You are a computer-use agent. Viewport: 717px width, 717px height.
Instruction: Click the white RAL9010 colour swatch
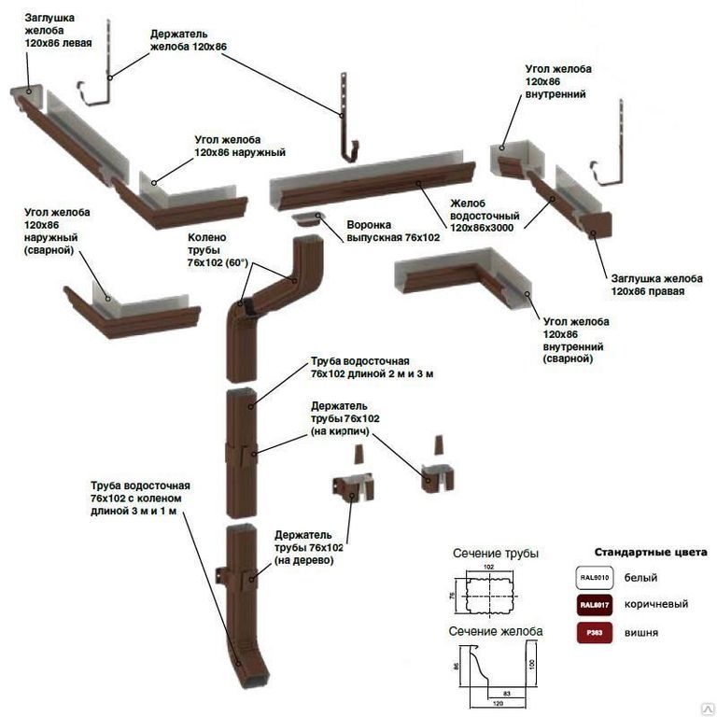click(x=595, y=577)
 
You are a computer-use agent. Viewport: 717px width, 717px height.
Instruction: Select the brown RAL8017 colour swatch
click(x=595, y=605)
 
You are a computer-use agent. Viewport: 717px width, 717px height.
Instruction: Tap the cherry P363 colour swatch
click(x=595, y=632)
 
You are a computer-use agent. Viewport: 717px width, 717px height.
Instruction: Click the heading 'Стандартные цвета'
click(x=650, y=552)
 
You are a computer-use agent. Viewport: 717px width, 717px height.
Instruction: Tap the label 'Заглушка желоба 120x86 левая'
click(x=52, y=31)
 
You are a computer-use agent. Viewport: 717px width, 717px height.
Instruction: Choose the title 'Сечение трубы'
click(x=496, y=554)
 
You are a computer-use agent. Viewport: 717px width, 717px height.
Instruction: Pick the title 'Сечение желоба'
click(x=496, y=631)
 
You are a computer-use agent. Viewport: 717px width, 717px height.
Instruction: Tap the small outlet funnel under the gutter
click(x=306, y=220)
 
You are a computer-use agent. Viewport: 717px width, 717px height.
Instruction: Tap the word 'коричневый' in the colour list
click(x=658, y=604)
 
